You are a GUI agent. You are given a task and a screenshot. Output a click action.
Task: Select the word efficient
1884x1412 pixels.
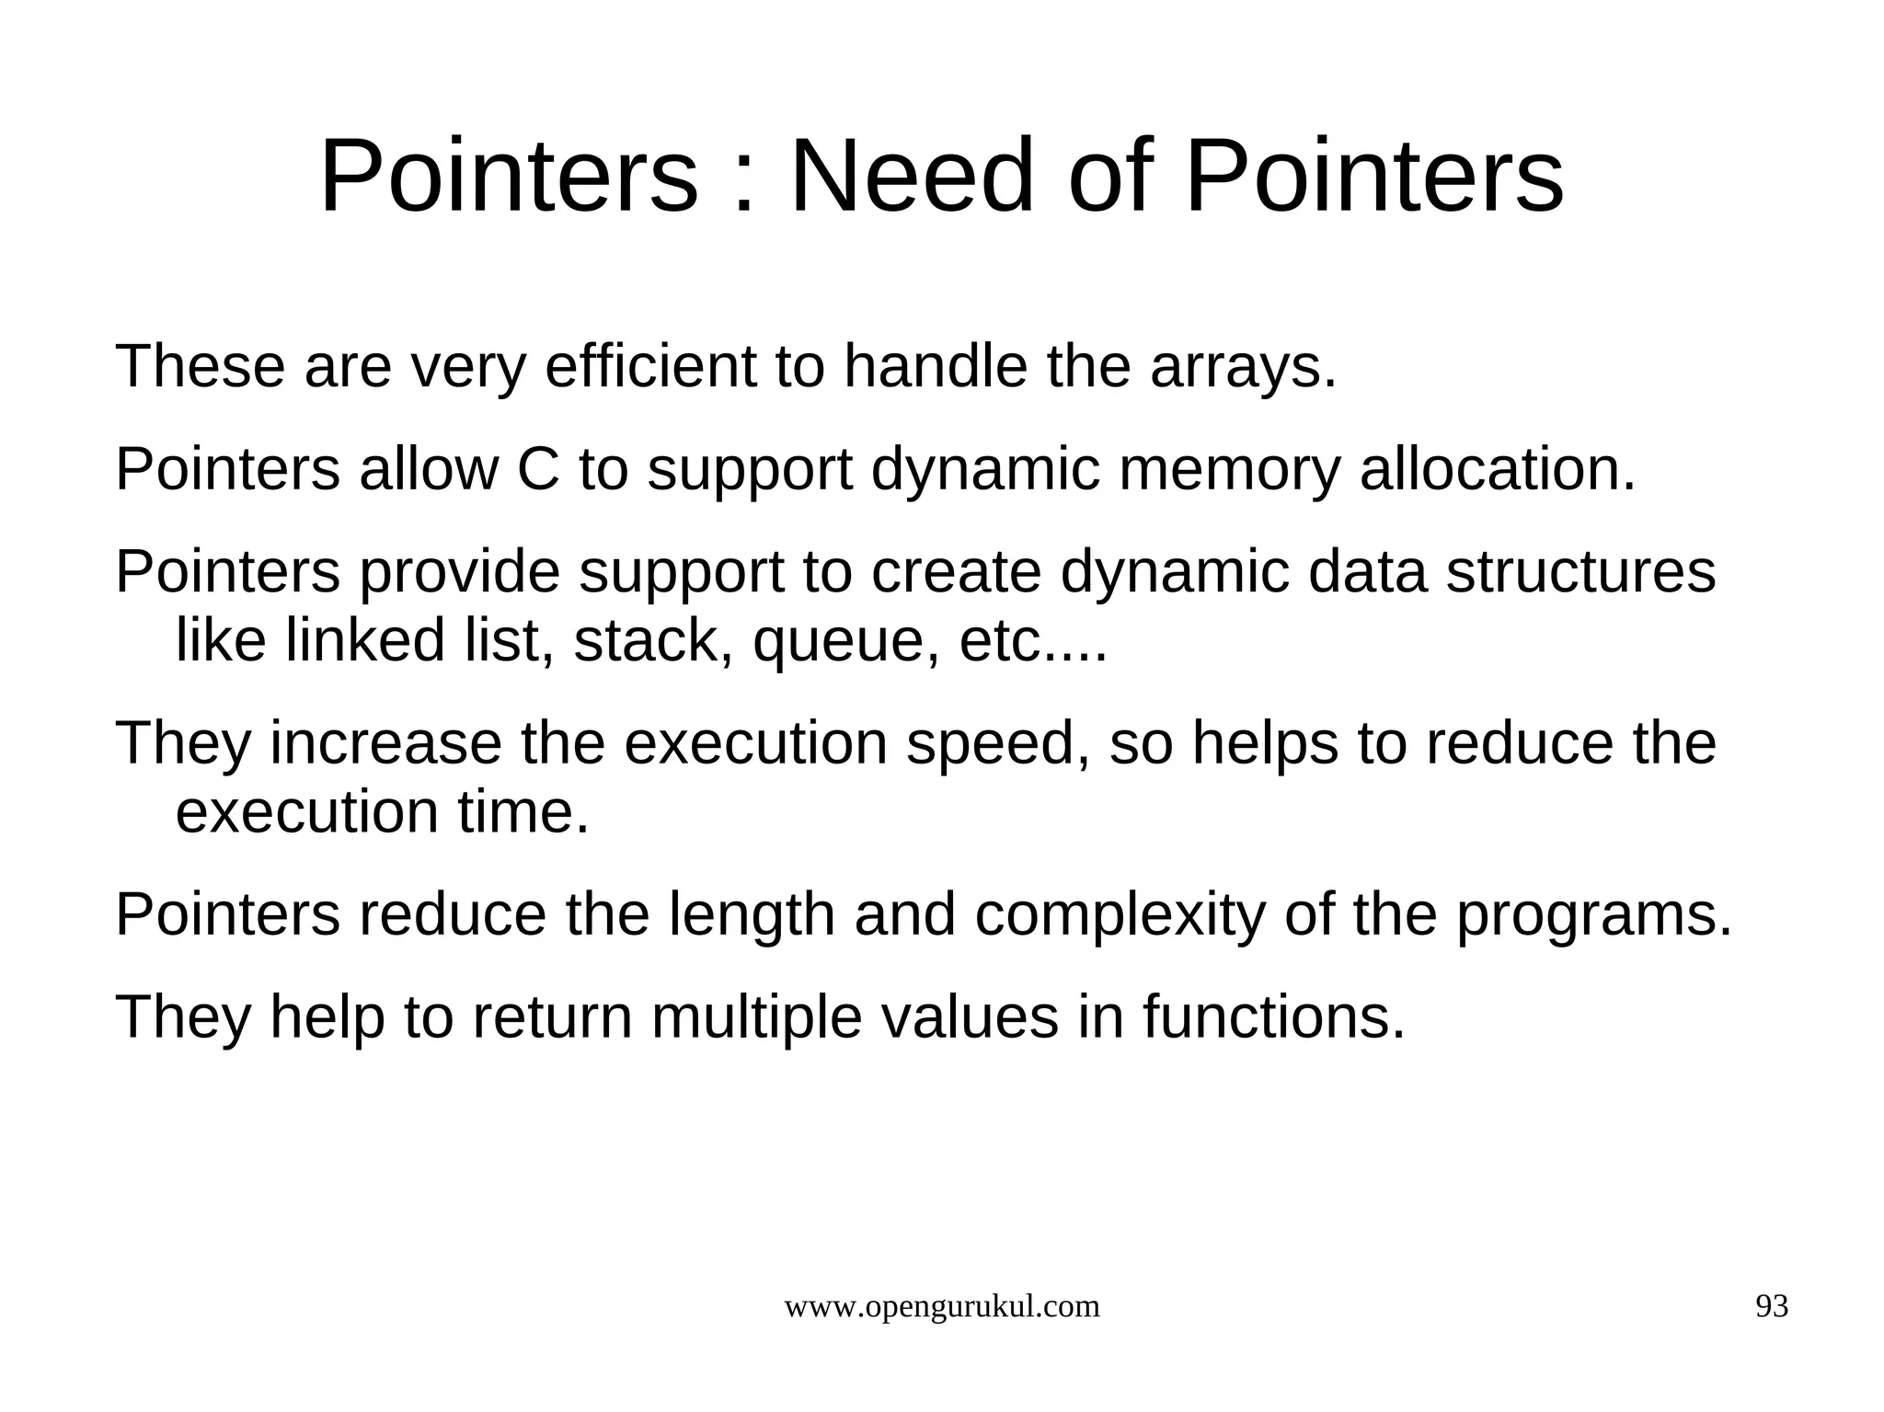pyautogui.click(x=649, y=366)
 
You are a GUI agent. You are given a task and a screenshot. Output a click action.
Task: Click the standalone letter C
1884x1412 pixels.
pyautogui.click(x=538, y=469)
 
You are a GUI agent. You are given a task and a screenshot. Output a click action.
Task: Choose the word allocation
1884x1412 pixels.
pyautogui.click(x=1498, y=469)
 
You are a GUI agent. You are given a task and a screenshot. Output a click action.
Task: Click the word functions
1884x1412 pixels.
pyautogui.click(x=1274, y=1018)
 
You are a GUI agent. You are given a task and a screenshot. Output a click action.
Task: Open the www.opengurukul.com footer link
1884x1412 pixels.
pyautogui.click(x=941, y=1307)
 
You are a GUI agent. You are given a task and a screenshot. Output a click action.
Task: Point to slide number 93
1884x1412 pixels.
pyautogui.click(x=1772, y=1307)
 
